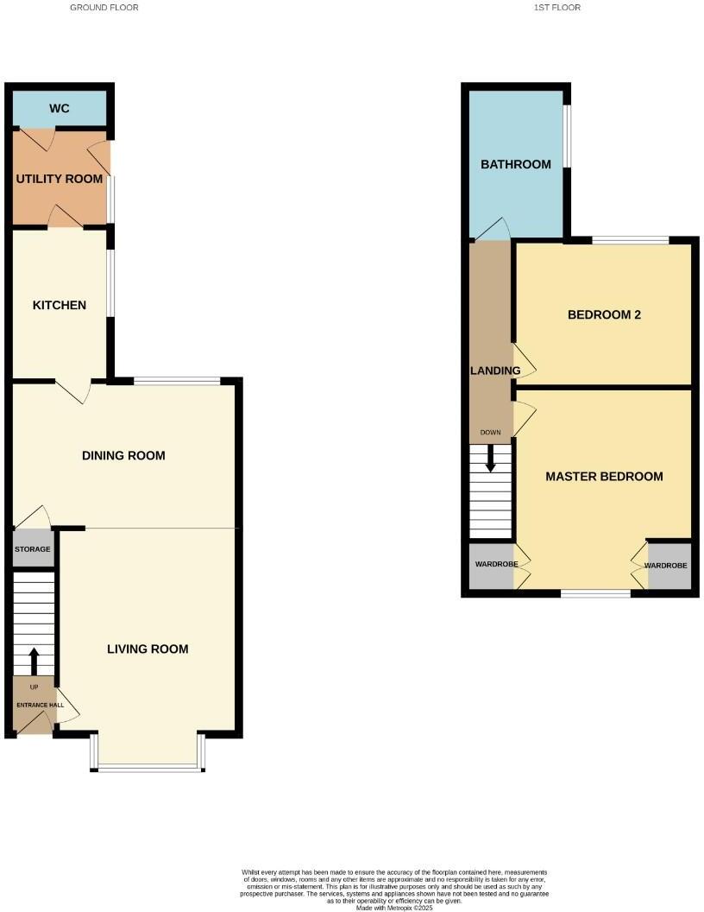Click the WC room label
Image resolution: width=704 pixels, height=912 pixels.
tap(60, 109)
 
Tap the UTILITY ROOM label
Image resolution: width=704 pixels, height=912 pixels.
tap(60, 179)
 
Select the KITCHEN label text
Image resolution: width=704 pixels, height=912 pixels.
tap(60, 305)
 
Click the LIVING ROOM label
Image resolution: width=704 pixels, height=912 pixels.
tap(148, 649)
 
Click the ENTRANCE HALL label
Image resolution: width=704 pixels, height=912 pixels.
tap(34, 705)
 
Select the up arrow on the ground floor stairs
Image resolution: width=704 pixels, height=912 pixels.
tap(34, 662)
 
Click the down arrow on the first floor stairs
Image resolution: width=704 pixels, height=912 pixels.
tap(491, 459)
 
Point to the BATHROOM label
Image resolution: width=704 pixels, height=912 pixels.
tap(515, 164)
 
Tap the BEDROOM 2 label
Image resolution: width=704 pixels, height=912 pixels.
tap(604, 314)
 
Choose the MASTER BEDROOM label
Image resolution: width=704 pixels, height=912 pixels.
tap(604, 476)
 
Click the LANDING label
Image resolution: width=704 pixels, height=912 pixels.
tap(494, 370)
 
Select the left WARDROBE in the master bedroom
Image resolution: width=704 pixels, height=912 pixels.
tap(491, 565)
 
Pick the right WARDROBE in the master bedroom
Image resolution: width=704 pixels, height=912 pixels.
tap(670, 565)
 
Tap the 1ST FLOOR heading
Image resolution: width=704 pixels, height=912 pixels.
tap(558, 7)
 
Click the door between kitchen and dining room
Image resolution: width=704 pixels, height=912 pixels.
tap(74, 391)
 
